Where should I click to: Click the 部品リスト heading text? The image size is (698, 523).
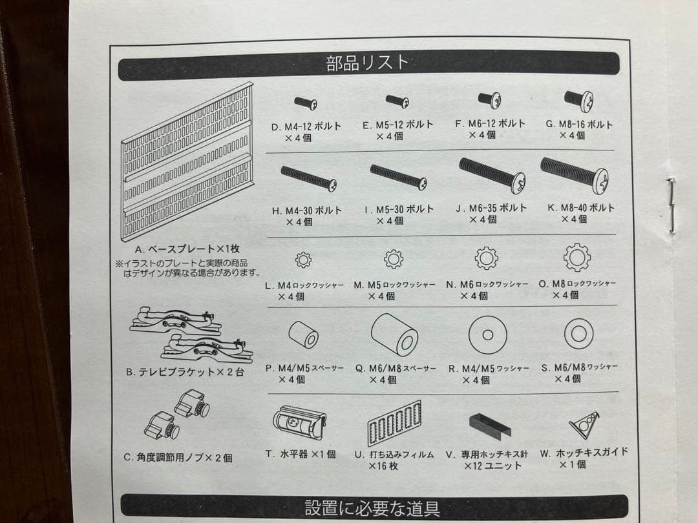click(368, 63)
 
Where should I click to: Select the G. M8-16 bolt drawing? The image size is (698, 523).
click(578, 99)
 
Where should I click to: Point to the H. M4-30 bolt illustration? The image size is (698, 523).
click(308, 178)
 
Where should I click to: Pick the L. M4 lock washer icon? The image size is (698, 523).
click(303, 260)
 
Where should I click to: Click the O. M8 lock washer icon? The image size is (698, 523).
click(576, 258)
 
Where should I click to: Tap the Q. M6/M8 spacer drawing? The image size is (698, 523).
click(394, 334)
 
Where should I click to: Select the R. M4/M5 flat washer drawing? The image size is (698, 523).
click(487, 335)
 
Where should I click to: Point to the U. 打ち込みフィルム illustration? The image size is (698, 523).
click(394, 424)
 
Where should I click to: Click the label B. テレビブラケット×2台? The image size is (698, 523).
click(185, 373)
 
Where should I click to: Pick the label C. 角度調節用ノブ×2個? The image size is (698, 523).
click(178, 457)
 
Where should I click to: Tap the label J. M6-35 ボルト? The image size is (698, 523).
click(491, 209)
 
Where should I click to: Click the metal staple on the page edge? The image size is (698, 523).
click(672, 205)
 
